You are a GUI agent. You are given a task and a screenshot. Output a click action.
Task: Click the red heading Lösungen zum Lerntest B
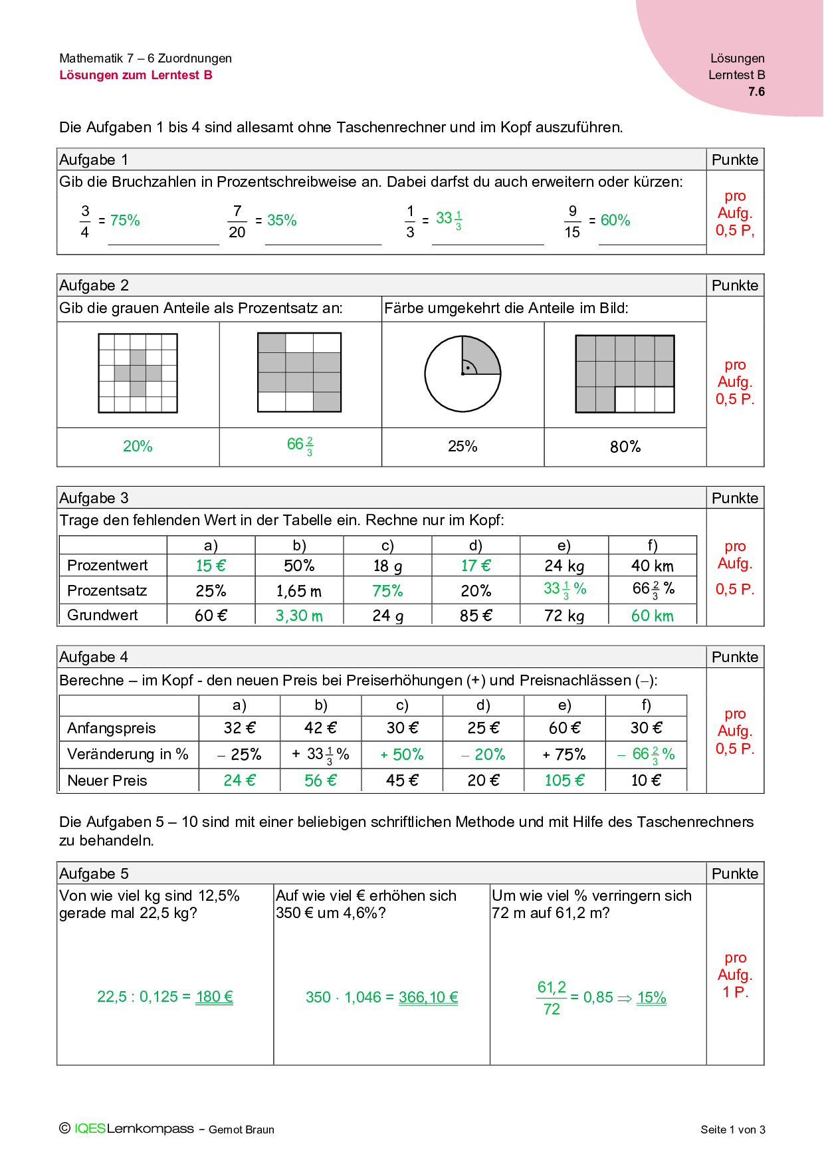point(136,75)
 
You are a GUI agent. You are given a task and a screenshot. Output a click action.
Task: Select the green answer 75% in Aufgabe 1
point(125,220)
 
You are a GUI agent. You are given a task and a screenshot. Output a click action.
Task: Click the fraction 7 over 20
point(237,221)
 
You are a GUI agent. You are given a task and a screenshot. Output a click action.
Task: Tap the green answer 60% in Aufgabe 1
point(615,220)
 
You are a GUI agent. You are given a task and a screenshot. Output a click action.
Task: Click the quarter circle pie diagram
point(463,374)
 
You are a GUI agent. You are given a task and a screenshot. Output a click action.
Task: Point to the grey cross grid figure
point(138,373)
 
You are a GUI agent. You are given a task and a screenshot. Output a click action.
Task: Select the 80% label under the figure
point(625,447)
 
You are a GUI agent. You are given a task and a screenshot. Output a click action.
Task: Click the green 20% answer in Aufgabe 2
point(138,446)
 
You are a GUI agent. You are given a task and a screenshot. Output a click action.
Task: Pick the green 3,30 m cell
point(299,616)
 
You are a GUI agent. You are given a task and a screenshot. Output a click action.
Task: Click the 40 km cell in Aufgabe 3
point(652,566)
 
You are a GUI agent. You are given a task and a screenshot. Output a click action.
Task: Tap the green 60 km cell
point(652,616)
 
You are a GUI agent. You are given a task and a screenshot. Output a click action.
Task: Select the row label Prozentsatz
point(107,590)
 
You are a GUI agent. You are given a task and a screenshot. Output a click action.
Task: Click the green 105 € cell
point(564,780)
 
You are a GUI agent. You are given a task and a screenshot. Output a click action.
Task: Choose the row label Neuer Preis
point(107,780)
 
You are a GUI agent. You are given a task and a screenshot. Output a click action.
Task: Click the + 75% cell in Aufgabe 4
point(564,755)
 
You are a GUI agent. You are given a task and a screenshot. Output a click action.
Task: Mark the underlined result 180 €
point(214,996)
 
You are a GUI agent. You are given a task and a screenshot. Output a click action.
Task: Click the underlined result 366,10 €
point(428,997)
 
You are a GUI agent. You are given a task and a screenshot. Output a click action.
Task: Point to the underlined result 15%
point(651,997)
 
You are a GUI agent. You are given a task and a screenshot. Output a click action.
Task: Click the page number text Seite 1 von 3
point(732,1129)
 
